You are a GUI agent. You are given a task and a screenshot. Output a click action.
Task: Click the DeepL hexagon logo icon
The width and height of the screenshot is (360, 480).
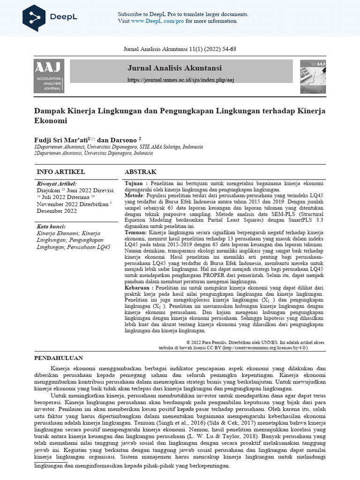click(x=34, y=17)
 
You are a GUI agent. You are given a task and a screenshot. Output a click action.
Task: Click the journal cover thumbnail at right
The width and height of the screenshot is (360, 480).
click(x=313, y=75)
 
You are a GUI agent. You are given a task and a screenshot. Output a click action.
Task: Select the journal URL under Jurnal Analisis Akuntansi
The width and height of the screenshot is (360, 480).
click(x=180, y=80)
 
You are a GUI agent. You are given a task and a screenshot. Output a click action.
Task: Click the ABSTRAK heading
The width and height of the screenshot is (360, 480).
click(x=140, y=172)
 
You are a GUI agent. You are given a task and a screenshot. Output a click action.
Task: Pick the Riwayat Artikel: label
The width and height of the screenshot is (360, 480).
click(x=56, y=184)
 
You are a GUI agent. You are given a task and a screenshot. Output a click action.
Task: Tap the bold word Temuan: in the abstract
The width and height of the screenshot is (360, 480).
click(x=135, y=232)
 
